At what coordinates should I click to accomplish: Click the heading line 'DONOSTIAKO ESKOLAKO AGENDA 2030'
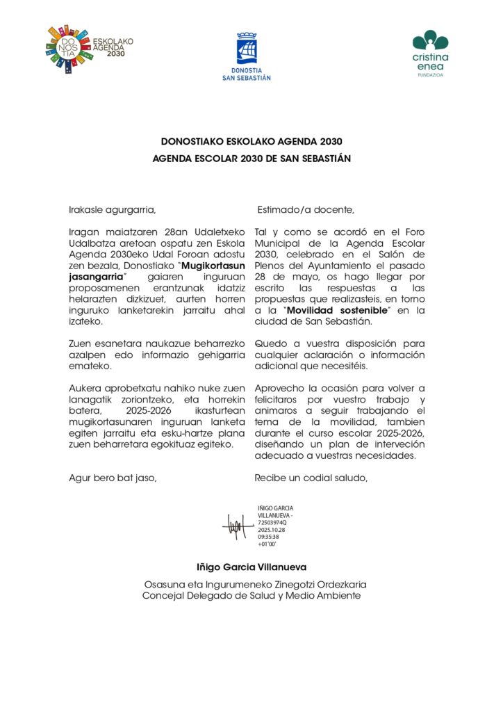(251, 142)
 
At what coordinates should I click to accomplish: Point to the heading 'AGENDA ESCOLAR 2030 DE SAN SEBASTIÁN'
(251, 159)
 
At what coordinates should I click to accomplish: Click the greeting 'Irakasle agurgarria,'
(108, 209)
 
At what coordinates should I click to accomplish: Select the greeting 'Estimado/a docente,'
(306, 209)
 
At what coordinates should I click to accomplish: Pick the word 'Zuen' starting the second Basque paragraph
(80, 343)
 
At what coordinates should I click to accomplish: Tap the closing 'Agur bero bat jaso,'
(113, 478)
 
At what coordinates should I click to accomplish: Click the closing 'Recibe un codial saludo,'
(310, 478)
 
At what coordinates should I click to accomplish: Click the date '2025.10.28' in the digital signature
(272, 529)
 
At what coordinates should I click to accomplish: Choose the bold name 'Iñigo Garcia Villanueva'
(251, 567)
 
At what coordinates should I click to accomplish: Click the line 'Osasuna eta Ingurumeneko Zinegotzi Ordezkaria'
(255, 585)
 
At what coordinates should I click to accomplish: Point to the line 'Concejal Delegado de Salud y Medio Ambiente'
(251, 595)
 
